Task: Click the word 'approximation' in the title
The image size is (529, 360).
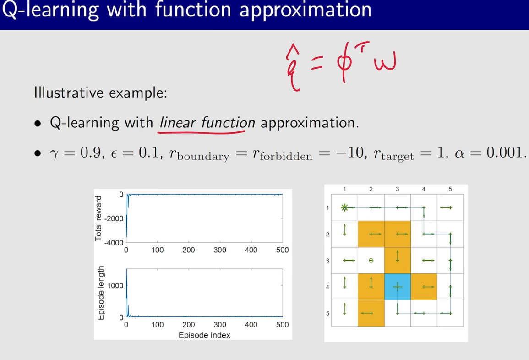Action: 305,10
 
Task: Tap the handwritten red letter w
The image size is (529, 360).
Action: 384,61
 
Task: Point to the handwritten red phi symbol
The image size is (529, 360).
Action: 344,64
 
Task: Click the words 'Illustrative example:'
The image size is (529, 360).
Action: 101,93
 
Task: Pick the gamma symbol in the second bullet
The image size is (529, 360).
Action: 54,154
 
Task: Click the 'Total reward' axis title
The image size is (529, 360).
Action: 98,218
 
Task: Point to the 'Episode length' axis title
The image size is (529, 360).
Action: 101,293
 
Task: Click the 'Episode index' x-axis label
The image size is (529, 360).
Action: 204,335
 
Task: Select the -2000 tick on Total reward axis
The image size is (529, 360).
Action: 114,218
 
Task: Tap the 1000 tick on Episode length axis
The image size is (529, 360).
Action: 115,285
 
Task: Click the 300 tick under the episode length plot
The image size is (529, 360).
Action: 220,325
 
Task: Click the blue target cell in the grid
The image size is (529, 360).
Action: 398,287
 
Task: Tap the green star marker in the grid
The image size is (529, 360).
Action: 344,208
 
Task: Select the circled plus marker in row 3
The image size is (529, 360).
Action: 371,261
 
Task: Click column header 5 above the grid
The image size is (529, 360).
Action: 450,189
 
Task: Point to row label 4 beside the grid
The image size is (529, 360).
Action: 327,287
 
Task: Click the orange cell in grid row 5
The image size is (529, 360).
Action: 371,313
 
